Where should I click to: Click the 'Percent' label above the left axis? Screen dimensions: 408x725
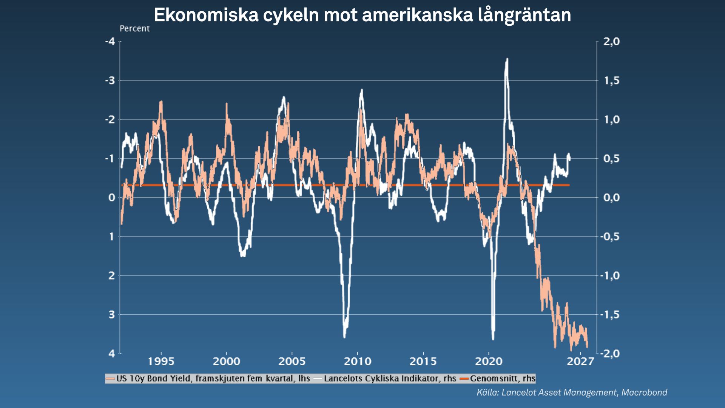click(x=134, y=29)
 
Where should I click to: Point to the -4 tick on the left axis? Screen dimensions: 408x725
click(x=110, y=42)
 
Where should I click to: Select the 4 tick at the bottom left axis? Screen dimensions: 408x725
click(x=112, y=354)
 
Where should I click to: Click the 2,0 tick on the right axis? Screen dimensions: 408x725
click(x=611, y=42)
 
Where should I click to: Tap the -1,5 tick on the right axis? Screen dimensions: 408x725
click(x=610, y=314)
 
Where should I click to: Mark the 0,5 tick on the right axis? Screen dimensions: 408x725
click(x=611, y=159)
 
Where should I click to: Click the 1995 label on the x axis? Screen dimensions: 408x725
click(x=161, y=362)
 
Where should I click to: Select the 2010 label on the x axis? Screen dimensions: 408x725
click(x=357, y=362)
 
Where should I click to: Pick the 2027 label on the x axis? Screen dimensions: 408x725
click(x=580, y=362)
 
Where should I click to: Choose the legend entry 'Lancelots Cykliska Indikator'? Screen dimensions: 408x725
click(x=389, y=379)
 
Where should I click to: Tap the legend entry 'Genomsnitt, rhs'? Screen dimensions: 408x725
click(x=502, y=379)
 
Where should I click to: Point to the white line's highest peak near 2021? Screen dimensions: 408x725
click(x=507, y=60)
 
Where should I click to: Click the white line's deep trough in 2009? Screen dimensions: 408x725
click(x=344, y=336)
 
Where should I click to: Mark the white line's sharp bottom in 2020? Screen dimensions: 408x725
click(x=493, y=338)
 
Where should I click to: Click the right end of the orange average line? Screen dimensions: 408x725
click(x=569, y=185)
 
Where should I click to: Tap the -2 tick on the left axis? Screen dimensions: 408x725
click(x=110, y=119)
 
